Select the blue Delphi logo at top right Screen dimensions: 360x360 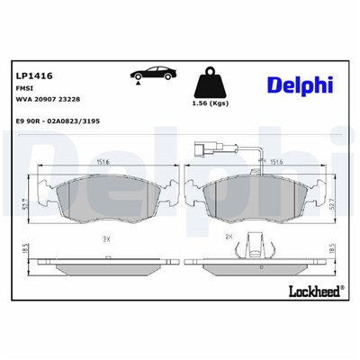(x=299, y=84)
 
